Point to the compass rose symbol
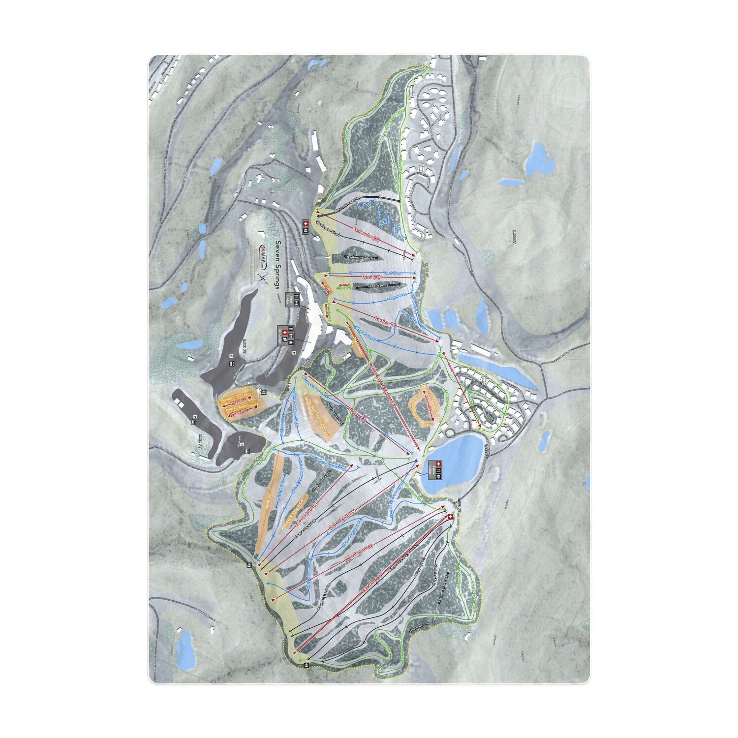point(264,279)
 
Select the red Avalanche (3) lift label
point(367,235)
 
